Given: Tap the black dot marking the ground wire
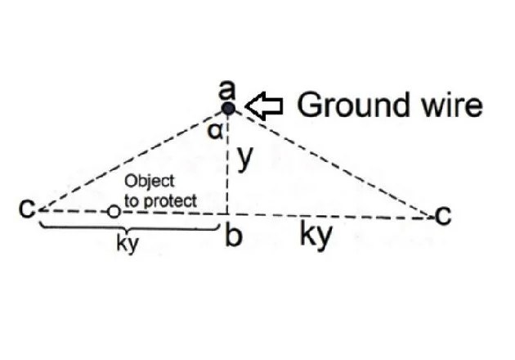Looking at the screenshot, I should (x=229, y=108).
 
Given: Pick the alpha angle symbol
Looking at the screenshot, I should (x=213, y=131).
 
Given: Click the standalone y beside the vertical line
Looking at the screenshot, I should (x=243, y=159).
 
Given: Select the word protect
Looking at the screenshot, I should (x=169, y=199).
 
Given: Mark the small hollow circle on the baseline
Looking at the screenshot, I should (x=114, y=212).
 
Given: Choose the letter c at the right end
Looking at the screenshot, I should (x=442, y=215).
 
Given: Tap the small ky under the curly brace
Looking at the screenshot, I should (x=124, y=244).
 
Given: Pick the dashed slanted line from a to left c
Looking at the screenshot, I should (x=131, y=159).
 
